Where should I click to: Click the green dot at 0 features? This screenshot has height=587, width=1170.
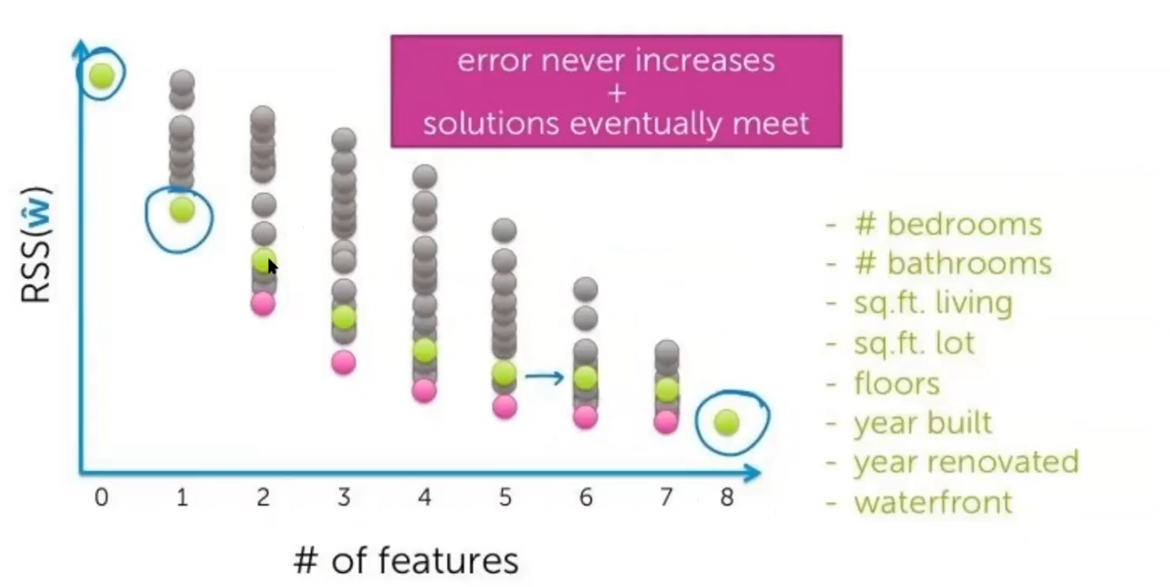(x=102, y=75)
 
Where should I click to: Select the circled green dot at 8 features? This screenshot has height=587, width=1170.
(x=726, y=422)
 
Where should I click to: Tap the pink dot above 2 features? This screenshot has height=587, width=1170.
(x=263, y=304)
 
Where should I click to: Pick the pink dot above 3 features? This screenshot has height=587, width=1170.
(x=344, y=362)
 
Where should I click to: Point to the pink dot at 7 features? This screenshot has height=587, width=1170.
(x=667, y=421)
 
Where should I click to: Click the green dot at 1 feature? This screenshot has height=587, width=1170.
(x=182, y=209)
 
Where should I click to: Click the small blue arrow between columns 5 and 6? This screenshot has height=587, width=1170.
(x=544, y=378)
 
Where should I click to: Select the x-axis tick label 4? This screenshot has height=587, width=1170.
(x=424, y=498)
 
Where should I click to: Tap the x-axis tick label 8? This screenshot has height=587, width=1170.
(x=726, y=498)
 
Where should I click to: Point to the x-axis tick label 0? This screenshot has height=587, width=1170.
(x=101, y=498)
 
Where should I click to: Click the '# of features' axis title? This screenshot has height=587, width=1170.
(x=406, y=560)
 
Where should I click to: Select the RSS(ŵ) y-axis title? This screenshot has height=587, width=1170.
(x=37, y=245)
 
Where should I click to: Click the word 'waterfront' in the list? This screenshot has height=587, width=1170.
(x=933, y=503)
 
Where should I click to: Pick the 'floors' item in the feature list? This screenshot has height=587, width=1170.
(x=896, y=383)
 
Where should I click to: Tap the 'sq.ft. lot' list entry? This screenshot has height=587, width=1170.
(x=914, y=343)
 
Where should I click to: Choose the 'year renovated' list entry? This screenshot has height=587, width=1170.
(x=965, y=462)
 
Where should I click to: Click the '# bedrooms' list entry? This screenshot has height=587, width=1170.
(x=948, y=224)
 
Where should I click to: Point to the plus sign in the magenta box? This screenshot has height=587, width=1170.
(x=616, y=92)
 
